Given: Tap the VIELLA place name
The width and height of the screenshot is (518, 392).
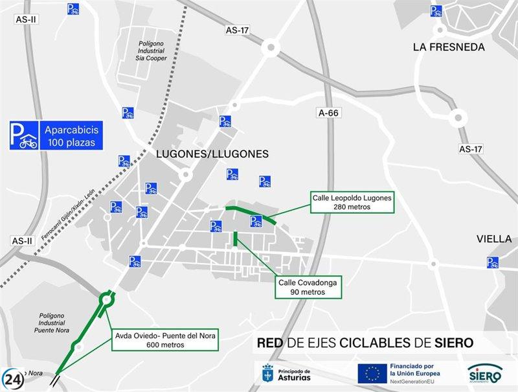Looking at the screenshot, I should click(x=494, y=238).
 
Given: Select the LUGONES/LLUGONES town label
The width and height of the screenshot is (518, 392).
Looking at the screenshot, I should click(x=212, y=154).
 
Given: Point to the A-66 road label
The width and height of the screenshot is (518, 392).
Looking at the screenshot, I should click(x=329, y=113).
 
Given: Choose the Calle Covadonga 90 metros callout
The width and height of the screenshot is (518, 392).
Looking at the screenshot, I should click(x=308, y=287).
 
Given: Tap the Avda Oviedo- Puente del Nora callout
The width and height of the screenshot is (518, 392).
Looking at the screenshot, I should click(x=166, y=340).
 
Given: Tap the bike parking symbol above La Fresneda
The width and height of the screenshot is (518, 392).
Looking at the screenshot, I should click(x=436, y=10).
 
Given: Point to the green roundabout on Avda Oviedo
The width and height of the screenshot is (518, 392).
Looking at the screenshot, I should click(x=107, y=300).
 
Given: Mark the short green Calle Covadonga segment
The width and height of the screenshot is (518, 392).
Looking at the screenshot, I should click(x=234, y=238).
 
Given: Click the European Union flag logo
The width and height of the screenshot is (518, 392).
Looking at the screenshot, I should click(x=372, y=373).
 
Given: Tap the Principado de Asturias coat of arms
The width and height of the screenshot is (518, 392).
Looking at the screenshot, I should click(x=267, y=373).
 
